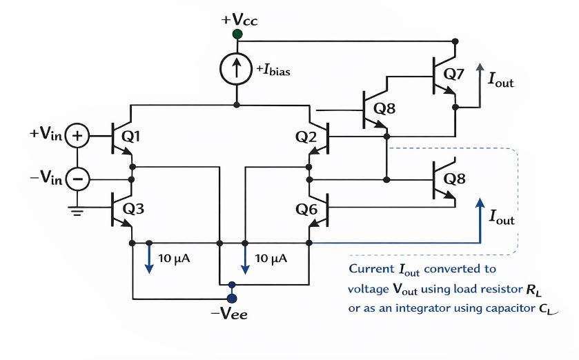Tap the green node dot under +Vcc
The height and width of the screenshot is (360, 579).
click(237, 34)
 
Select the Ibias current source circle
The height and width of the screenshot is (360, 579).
click(237, 68)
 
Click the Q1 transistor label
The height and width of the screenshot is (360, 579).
click(131, 137)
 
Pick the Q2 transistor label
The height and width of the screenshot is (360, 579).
click(306, 137)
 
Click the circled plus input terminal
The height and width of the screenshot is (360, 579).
click(78, 137)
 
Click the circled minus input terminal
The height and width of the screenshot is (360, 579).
click(78, 180)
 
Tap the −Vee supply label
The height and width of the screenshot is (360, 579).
click(229, 315)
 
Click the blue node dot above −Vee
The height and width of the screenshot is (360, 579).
click(232, 299)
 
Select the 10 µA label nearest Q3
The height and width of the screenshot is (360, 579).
click(174, 259)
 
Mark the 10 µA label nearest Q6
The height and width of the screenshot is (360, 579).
click(271, 259)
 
